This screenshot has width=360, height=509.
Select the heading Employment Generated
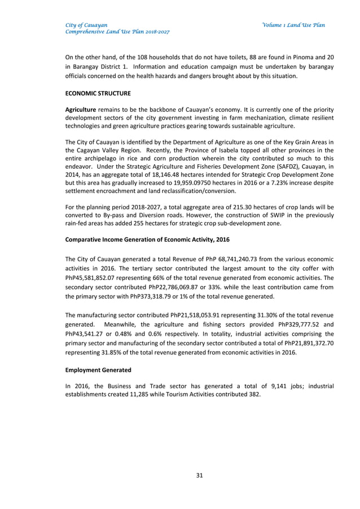(x=98, y=370)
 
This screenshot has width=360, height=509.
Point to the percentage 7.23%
(x=265, y=184)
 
